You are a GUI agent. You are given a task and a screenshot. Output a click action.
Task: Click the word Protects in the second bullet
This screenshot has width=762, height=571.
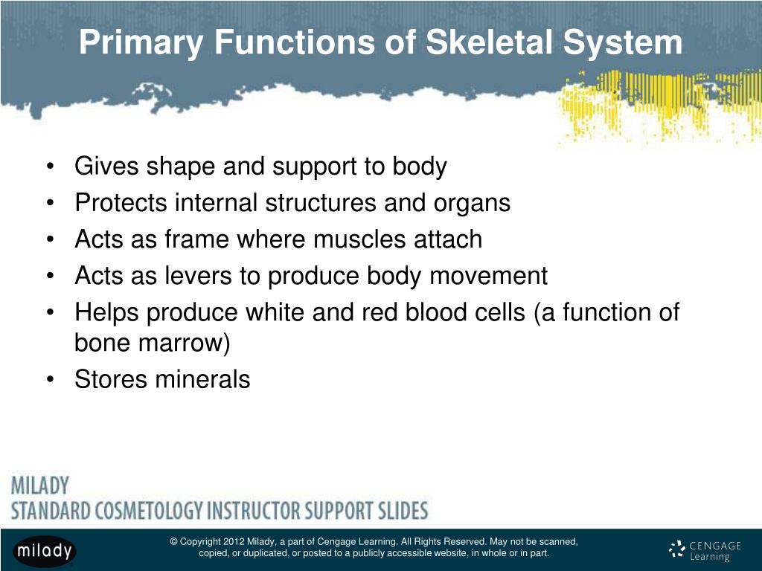coord(121,202)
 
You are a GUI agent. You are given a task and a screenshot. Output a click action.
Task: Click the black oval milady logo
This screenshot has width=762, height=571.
coord(44,551)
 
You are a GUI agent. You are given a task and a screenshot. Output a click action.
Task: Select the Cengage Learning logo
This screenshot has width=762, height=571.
coord(705,550)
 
